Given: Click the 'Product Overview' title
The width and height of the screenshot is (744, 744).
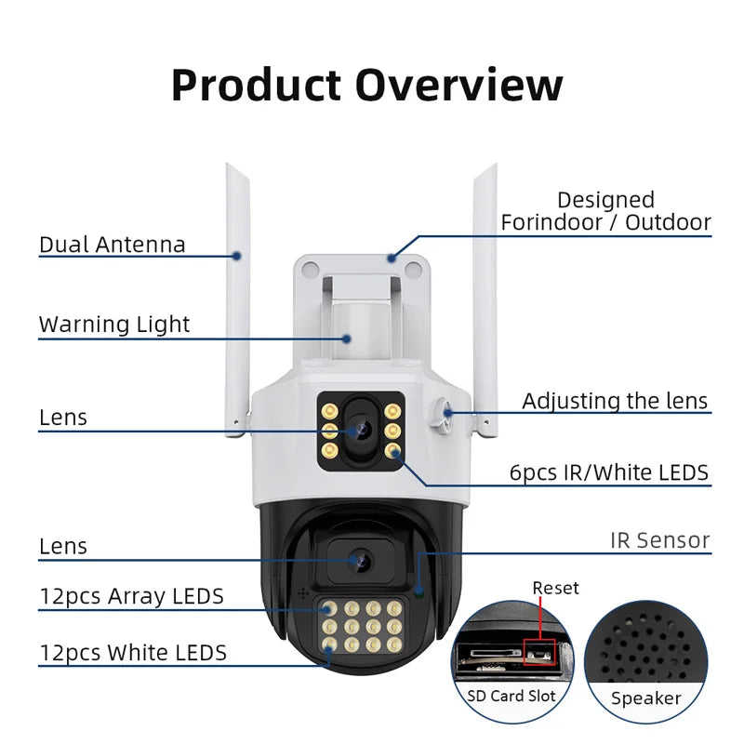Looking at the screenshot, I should tap(367, 85).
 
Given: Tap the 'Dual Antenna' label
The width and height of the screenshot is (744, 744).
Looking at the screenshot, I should tap(112, 245).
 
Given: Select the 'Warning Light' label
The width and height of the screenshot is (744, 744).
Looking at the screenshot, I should tap(113, 325).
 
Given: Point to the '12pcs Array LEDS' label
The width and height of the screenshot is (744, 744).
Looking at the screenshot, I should tap(131, 596).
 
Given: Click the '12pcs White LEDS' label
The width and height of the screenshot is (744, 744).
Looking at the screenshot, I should tap(132, 653).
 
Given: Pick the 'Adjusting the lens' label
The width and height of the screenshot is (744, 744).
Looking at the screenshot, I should tap(615, 401).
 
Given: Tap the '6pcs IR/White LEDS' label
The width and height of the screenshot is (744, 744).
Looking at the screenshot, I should tap(609, 472).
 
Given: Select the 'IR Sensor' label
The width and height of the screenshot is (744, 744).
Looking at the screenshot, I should tap(659, 539).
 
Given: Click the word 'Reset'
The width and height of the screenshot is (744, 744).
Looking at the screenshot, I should tap(555, 588).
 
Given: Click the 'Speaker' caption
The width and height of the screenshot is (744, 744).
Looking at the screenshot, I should tap(645, 697).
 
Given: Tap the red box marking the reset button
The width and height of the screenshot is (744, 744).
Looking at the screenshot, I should tap(538, 652).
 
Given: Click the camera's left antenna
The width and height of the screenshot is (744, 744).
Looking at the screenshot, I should tap(237, 298).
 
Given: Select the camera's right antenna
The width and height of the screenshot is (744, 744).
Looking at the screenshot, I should tap(485, 298).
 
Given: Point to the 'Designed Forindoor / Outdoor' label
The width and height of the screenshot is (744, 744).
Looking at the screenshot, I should tap(605, 211).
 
